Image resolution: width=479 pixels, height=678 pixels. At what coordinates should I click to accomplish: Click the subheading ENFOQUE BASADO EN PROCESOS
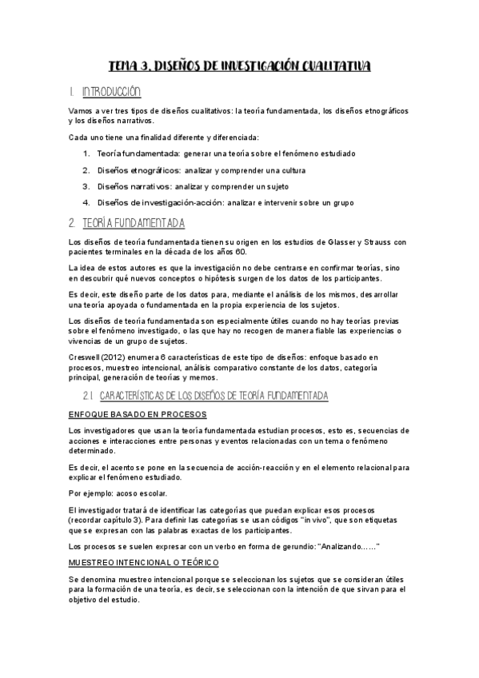(x=138, y=414)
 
